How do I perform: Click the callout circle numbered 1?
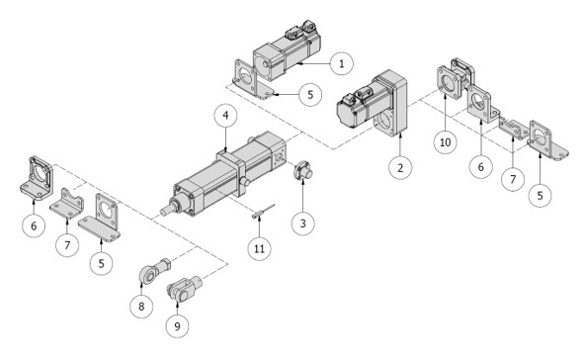click(341, 64)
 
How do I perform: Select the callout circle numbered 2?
click(400, 168)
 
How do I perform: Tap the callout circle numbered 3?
click(302, 224)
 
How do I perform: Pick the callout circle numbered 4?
click(225, 116)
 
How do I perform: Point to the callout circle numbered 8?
click(141, 307)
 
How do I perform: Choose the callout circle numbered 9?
click(177, 326)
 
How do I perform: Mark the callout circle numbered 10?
click(446, 142)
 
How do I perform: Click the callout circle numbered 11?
click(259, 248)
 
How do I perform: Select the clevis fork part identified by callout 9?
click(184, 287)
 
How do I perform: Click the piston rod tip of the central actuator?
click(163, 212)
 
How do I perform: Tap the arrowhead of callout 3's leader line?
click(302, 181)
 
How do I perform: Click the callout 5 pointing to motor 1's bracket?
click(310, 95)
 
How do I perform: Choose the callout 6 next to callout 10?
click(480, 166)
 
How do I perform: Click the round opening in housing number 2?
click(384, 122)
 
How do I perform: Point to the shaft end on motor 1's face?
click(265, 64)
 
